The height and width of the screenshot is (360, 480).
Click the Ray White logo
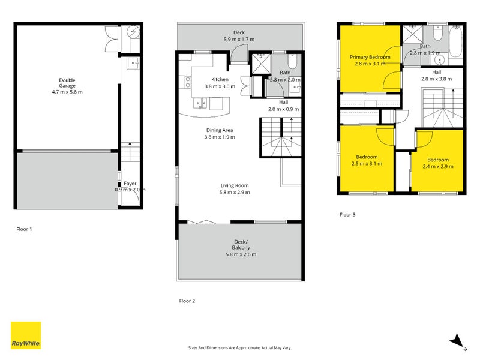pyautogui.click(x=26, y=335)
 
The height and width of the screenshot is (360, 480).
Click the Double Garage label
pyautogui.click(x=67, y=83)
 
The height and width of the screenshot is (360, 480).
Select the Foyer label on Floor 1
pyautogui.click(x=130, y=184)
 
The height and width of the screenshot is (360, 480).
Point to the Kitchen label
pyautogui.click(x=220, y=79)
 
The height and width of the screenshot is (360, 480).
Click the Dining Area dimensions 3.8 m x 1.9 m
pyautogui.click(x=220, y=137)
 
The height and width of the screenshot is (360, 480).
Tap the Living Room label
pyautogui.click(x=235, y=185)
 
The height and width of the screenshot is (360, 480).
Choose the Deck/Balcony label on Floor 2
pyautogui.click(x=241, y=245)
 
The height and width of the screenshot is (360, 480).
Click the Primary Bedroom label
pyautogui.click(x=370, y=57)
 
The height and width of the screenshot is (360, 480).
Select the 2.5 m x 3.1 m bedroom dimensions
pyautogui.click(x=367, y=163)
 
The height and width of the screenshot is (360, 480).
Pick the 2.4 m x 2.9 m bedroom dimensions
pyautogui.click(x=438, y=167)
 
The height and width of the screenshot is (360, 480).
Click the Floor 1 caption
pyautogui.click(x=24, y=229)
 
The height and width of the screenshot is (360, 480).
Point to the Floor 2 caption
pyautogui.click(x=187, y=301)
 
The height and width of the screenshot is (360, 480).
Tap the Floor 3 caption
pyautogui.click(x=347, y=215)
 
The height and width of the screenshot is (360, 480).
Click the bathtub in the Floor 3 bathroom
pyautogui.click(x=455, y=41)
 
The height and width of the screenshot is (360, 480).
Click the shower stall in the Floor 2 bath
pyautogui.click(x=261, y=64)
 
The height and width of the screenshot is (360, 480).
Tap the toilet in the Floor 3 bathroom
pyautogui.click(x=438, y=33)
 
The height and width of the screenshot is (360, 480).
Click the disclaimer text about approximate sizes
pyautogui.click(x=239, y=348)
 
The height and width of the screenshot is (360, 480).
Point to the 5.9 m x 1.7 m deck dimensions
pyautogui.click(x=239, y=39)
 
